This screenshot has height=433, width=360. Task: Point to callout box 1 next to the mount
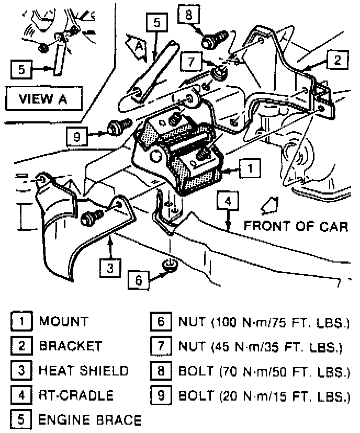251,168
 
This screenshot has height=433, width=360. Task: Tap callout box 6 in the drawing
138,280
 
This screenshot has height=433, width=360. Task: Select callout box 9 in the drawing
77,137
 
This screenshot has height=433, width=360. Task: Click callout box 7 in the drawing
190,62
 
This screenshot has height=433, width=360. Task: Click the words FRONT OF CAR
296,226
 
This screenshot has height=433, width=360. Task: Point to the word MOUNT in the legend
64,321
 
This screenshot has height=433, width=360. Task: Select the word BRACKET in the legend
71,346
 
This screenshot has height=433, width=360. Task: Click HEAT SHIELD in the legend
84,371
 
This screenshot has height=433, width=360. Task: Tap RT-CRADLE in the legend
76,395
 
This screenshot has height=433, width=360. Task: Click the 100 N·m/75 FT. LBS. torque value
280,321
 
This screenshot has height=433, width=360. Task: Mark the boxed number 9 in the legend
159,396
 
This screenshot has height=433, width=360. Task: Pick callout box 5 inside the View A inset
21,70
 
